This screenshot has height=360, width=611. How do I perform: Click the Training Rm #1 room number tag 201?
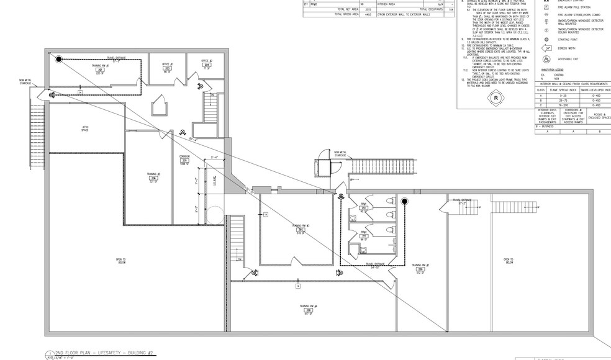pos(99,70)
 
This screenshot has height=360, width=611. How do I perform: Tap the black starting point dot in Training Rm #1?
pos(59,60)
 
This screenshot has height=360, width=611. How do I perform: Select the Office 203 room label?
pos(166,68)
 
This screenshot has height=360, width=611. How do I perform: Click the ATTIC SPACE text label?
pos(86,128)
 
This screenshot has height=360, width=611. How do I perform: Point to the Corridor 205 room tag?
pos(184,161)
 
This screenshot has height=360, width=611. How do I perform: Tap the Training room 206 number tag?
pos(154,178)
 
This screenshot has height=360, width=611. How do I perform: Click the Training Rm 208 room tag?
pos(309,310)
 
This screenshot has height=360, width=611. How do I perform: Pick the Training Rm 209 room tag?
pos(420,269)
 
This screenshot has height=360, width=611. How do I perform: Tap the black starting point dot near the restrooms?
pos(404,202)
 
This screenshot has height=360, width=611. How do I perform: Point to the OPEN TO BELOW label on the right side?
pos(508,261)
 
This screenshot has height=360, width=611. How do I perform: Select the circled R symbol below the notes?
pos(496,98)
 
